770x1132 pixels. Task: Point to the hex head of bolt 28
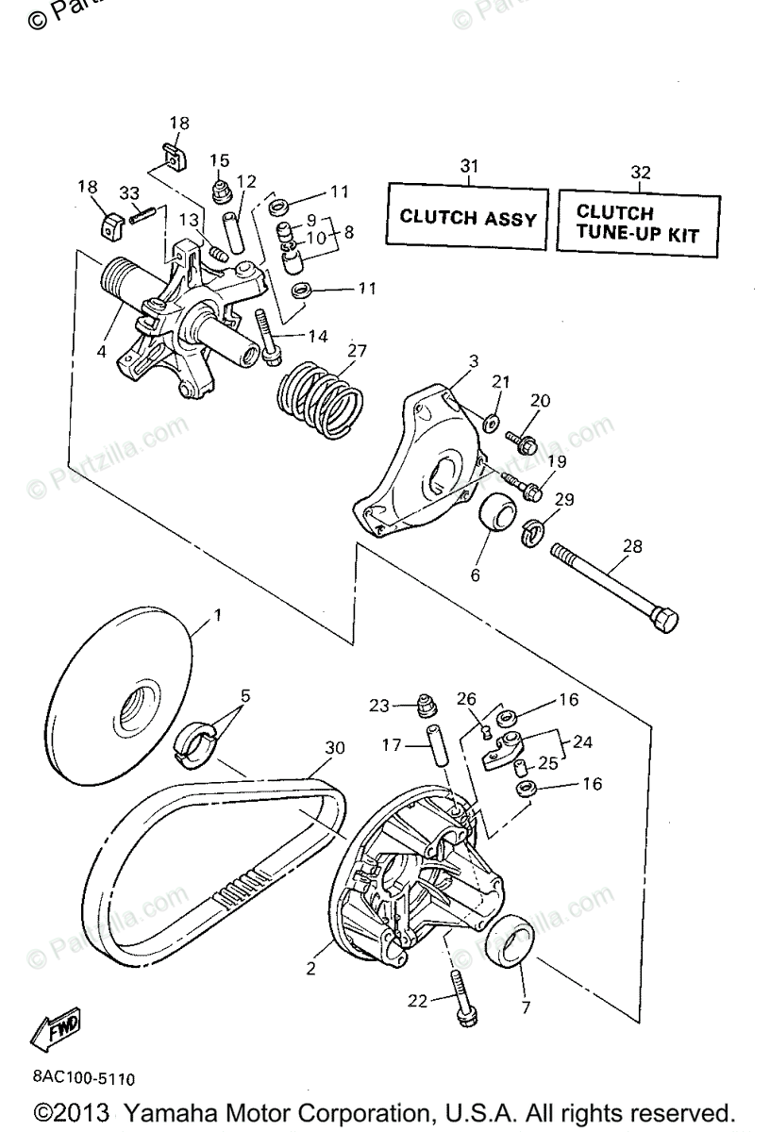[x=664, y=621]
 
